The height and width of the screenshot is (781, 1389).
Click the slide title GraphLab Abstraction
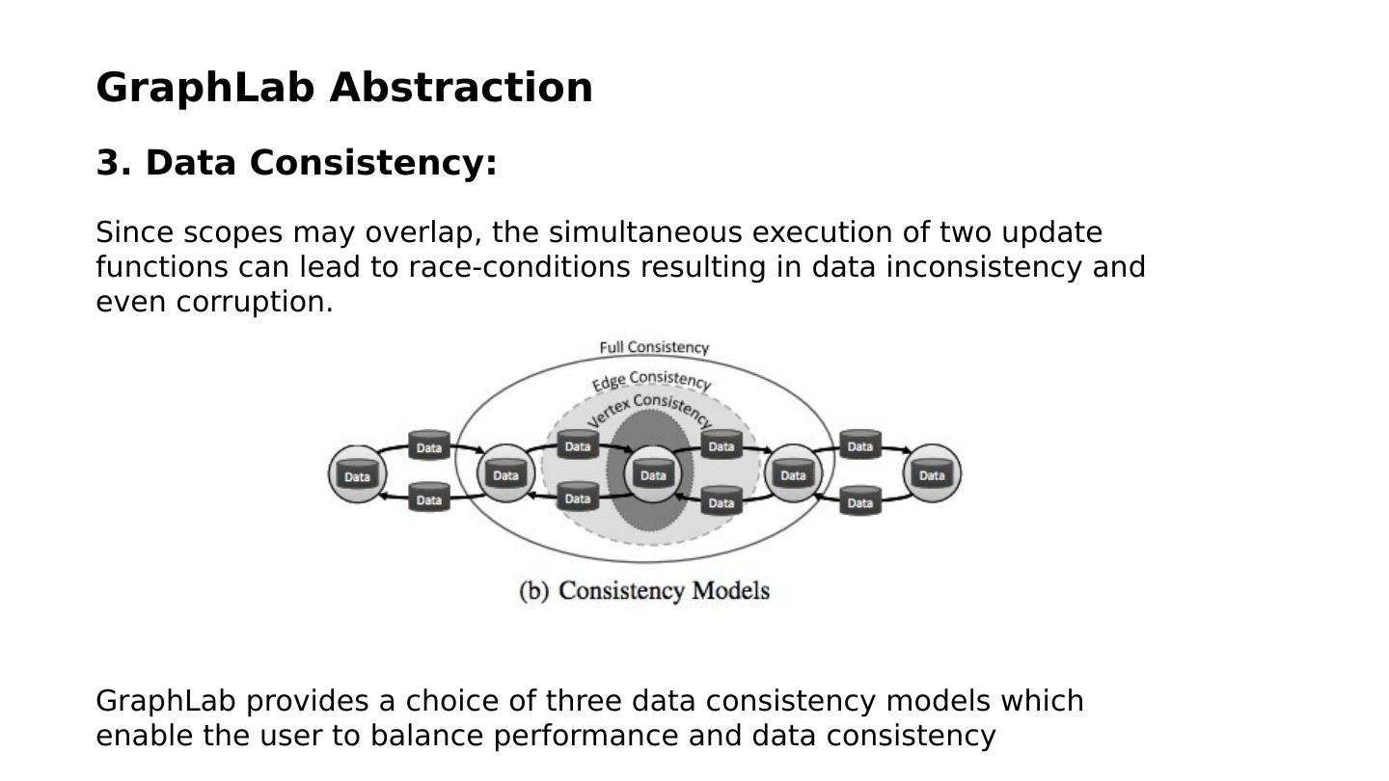pos(344,88)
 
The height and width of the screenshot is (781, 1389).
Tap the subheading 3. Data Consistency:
pos(296,163)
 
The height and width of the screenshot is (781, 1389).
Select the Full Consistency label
pos(654,347)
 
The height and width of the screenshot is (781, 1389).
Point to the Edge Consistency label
pos(652,381)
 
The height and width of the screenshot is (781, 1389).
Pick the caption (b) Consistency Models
pos(644,590)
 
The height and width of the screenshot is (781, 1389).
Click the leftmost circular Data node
pos(357,474)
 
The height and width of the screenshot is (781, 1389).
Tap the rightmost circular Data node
pos(932,473)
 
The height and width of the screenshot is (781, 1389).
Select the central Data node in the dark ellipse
pos(653,474)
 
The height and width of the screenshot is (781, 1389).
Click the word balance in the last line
pos(426,736)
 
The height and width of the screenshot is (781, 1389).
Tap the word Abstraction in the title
pos(461,88)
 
